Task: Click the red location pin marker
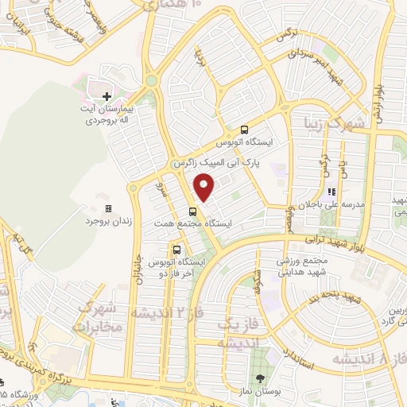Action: pyautogui.click(x=204, y=188)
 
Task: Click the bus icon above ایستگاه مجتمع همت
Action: pyautogui.click(x=192, y=211)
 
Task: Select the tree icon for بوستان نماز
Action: pyautogui.click(x=260, y=379)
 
